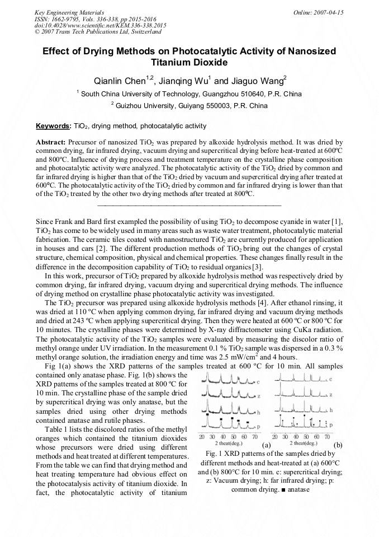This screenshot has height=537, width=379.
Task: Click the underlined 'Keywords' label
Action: click(53, 126)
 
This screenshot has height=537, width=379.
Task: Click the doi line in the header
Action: click(100, 26)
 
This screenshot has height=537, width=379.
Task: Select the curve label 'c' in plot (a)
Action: click(259, 381)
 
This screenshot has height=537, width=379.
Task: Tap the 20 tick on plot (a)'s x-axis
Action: click(202, 436)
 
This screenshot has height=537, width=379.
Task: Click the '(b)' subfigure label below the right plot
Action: click(338, 445)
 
